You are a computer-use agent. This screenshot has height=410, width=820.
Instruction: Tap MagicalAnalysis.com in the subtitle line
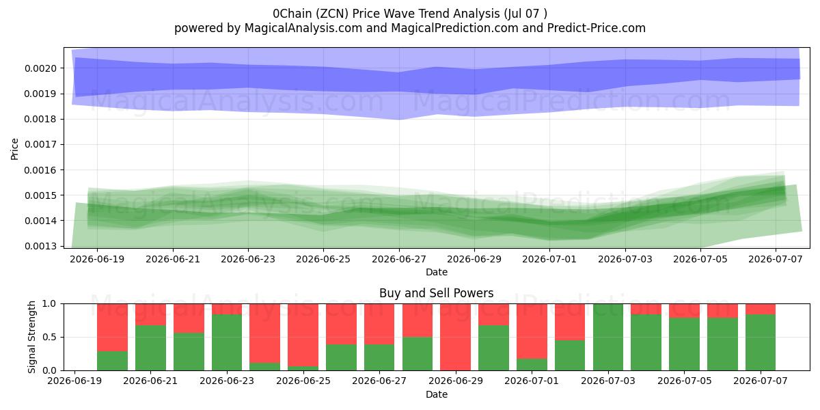303,28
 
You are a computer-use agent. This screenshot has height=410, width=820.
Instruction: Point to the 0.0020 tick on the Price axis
40,68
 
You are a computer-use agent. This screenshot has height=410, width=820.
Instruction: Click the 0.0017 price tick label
40,145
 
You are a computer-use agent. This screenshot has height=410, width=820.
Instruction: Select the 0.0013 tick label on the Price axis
40,246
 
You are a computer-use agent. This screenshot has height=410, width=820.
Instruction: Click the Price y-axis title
14,149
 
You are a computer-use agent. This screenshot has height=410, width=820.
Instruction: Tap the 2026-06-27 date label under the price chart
399,259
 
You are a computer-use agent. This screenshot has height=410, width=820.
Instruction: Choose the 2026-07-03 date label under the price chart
625,259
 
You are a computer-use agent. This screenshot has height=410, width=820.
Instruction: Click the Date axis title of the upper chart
437,272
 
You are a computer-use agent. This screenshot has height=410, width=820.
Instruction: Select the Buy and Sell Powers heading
437,293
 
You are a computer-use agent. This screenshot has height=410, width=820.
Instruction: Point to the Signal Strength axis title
32,337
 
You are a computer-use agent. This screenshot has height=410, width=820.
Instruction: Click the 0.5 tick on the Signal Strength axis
49,337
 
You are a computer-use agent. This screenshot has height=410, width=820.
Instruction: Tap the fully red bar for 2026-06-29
455,337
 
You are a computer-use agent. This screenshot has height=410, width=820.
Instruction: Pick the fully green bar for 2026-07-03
608,337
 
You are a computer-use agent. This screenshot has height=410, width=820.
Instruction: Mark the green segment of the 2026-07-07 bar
761,342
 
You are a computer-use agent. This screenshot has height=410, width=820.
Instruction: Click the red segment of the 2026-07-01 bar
532,331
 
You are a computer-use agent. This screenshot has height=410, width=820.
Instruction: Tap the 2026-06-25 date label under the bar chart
303,381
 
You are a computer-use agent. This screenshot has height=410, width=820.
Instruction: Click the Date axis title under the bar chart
437,394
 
